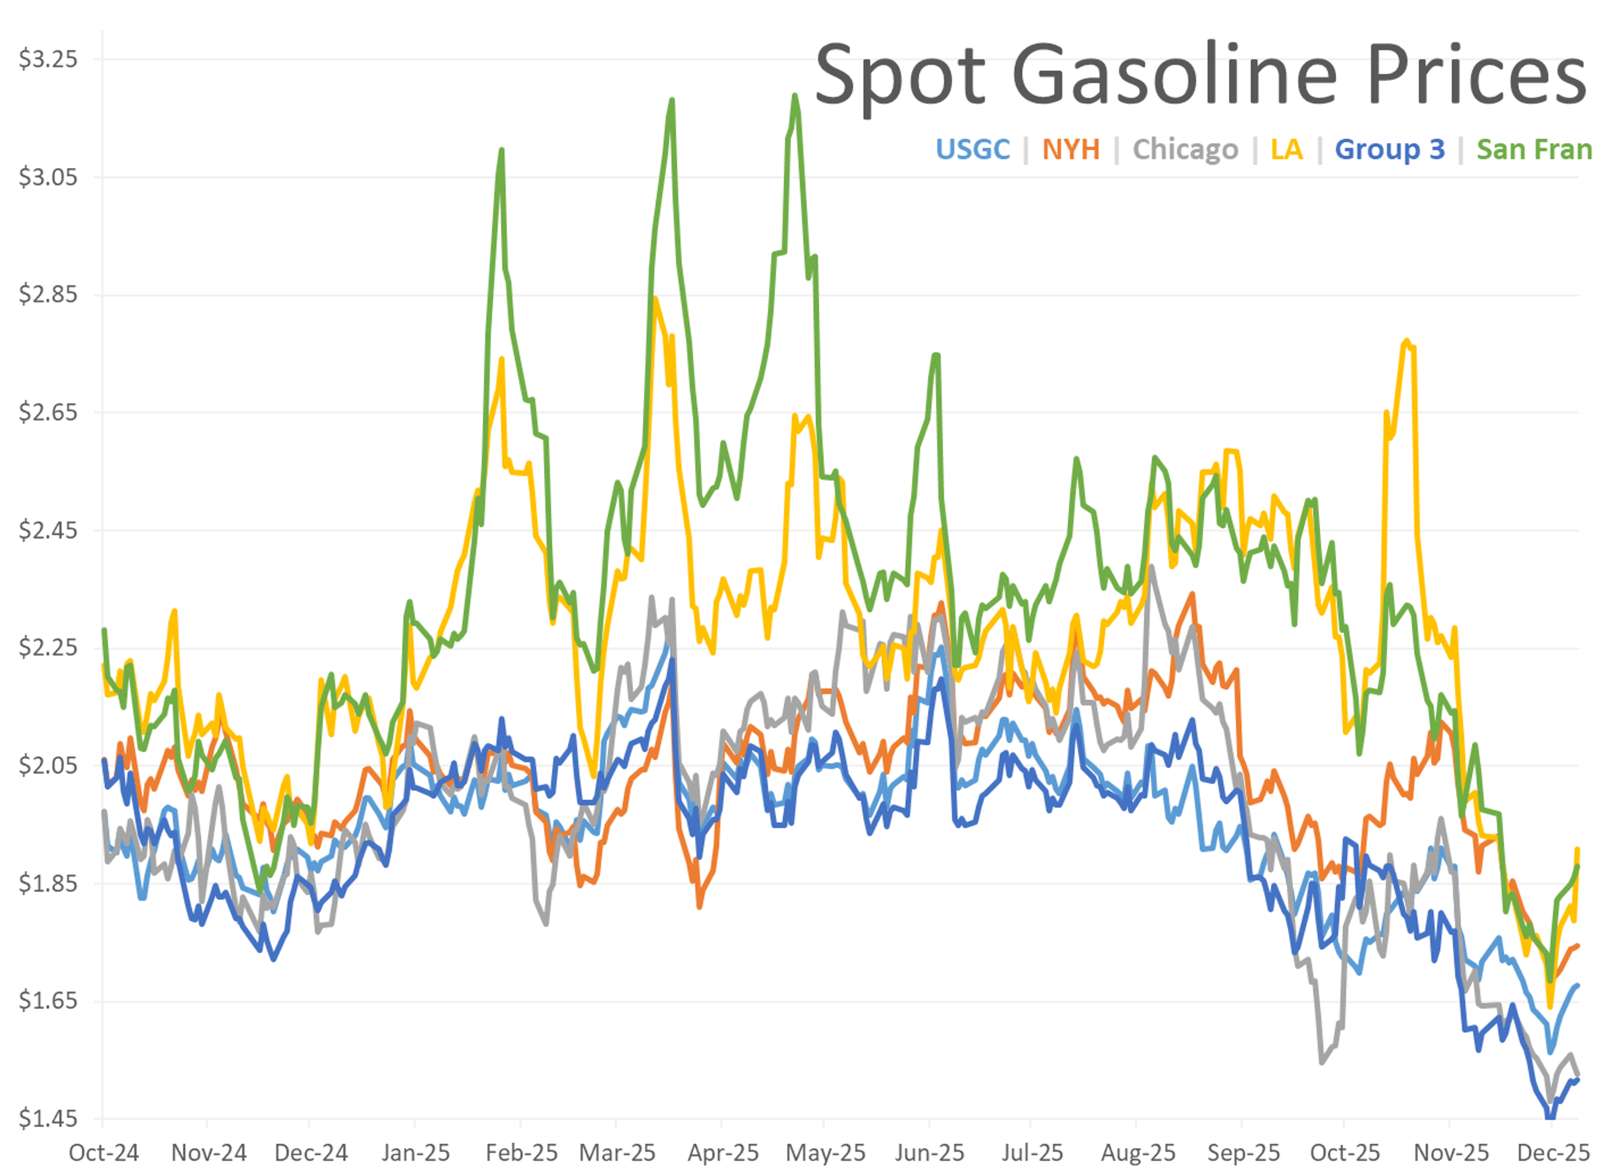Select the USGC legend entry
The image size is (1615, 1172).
pos(973,150)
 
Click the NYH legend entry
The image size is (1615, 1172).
pos(1071,150)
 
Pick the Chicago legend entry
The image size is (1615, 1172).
pos(1186,150)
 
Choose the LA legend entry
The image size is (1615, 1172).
pos(1287,150)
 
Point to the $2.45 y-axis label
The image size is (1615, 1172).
pos(48,530)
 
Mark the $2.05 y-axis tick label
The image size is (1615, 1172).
pos(48,765)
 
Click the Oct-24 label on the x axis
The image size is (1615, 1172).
pos(103,1153)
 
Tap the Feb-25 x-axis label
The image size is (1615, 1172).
pos(521,1153)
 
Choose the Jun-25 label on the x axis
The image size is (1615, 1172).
pos(929,1153)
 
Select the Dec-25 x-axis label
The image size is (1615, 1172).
pos(1553,1153)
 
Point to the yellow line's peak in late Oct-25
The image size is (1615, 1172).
pos(1406,341)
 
